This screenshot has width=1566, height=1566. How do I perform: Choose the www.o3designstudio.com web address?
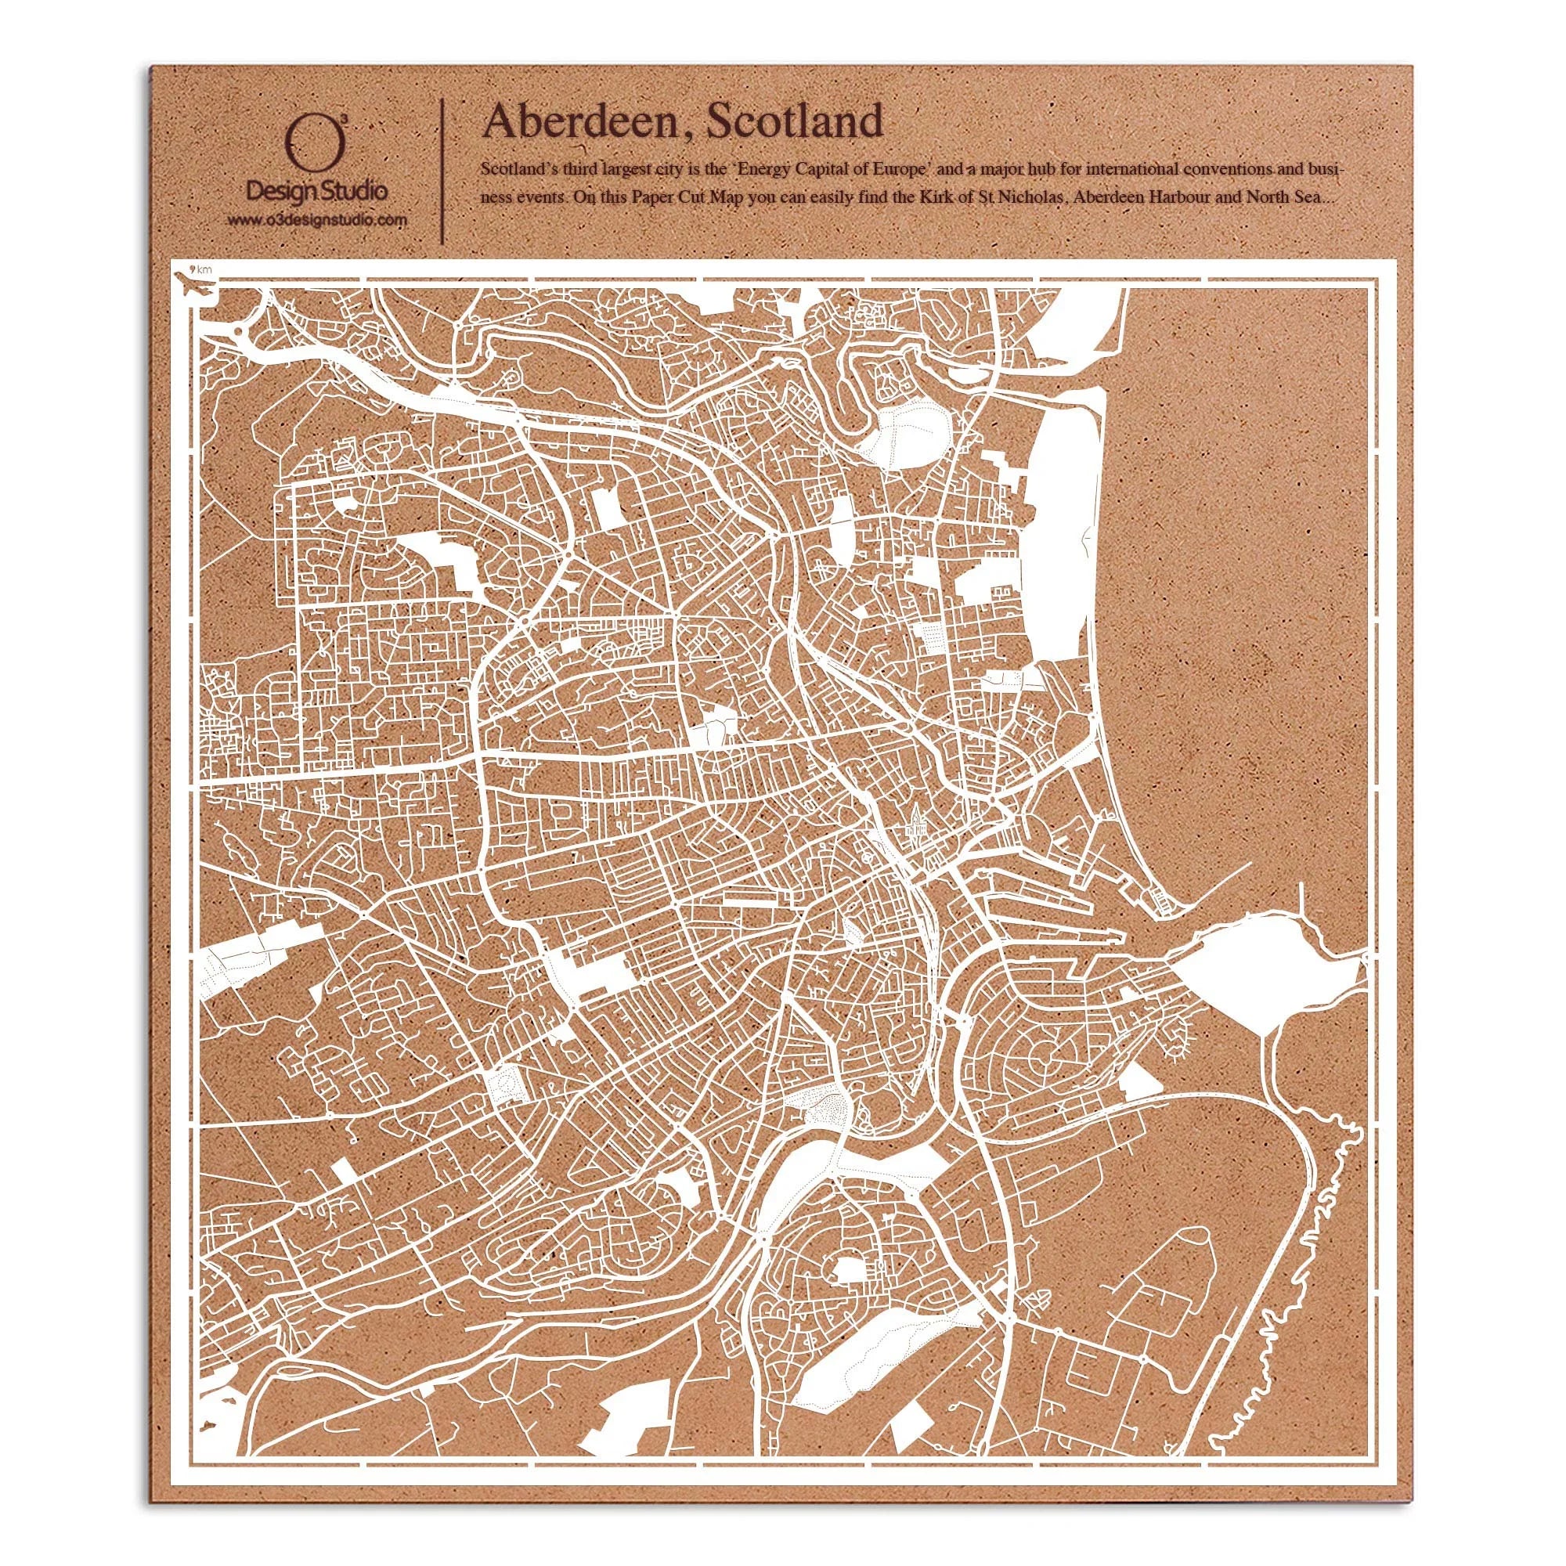coord(316,220)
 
